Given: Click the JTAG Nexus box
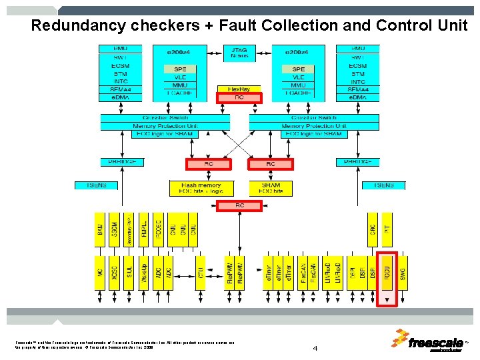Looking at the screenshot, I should tap(239, 52).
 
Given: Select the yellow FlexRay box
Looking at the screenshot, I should tap(239, 89).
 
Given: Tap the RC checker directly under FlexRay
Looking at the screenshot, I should tap(239, 97).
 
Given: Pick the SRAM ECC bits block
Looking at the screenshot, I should tap(270, 187).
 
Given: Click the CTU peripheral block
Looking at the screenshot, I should tap(201, 273).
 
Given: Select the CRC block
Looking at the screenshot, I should tap(373, 229).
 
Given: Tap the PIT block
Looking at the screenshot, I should tap(387, 229).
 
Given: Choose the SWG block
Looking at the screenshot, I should tap(402, 273).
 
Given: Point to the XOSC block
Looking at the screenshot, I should tap(114, 273).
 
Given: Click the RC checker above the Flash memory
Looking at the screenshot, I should tap(209, 163).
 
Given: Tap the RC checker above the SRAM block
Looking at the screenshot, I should tap(270, 163).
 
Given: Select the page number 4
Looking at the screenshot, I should tap(315, 348).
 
